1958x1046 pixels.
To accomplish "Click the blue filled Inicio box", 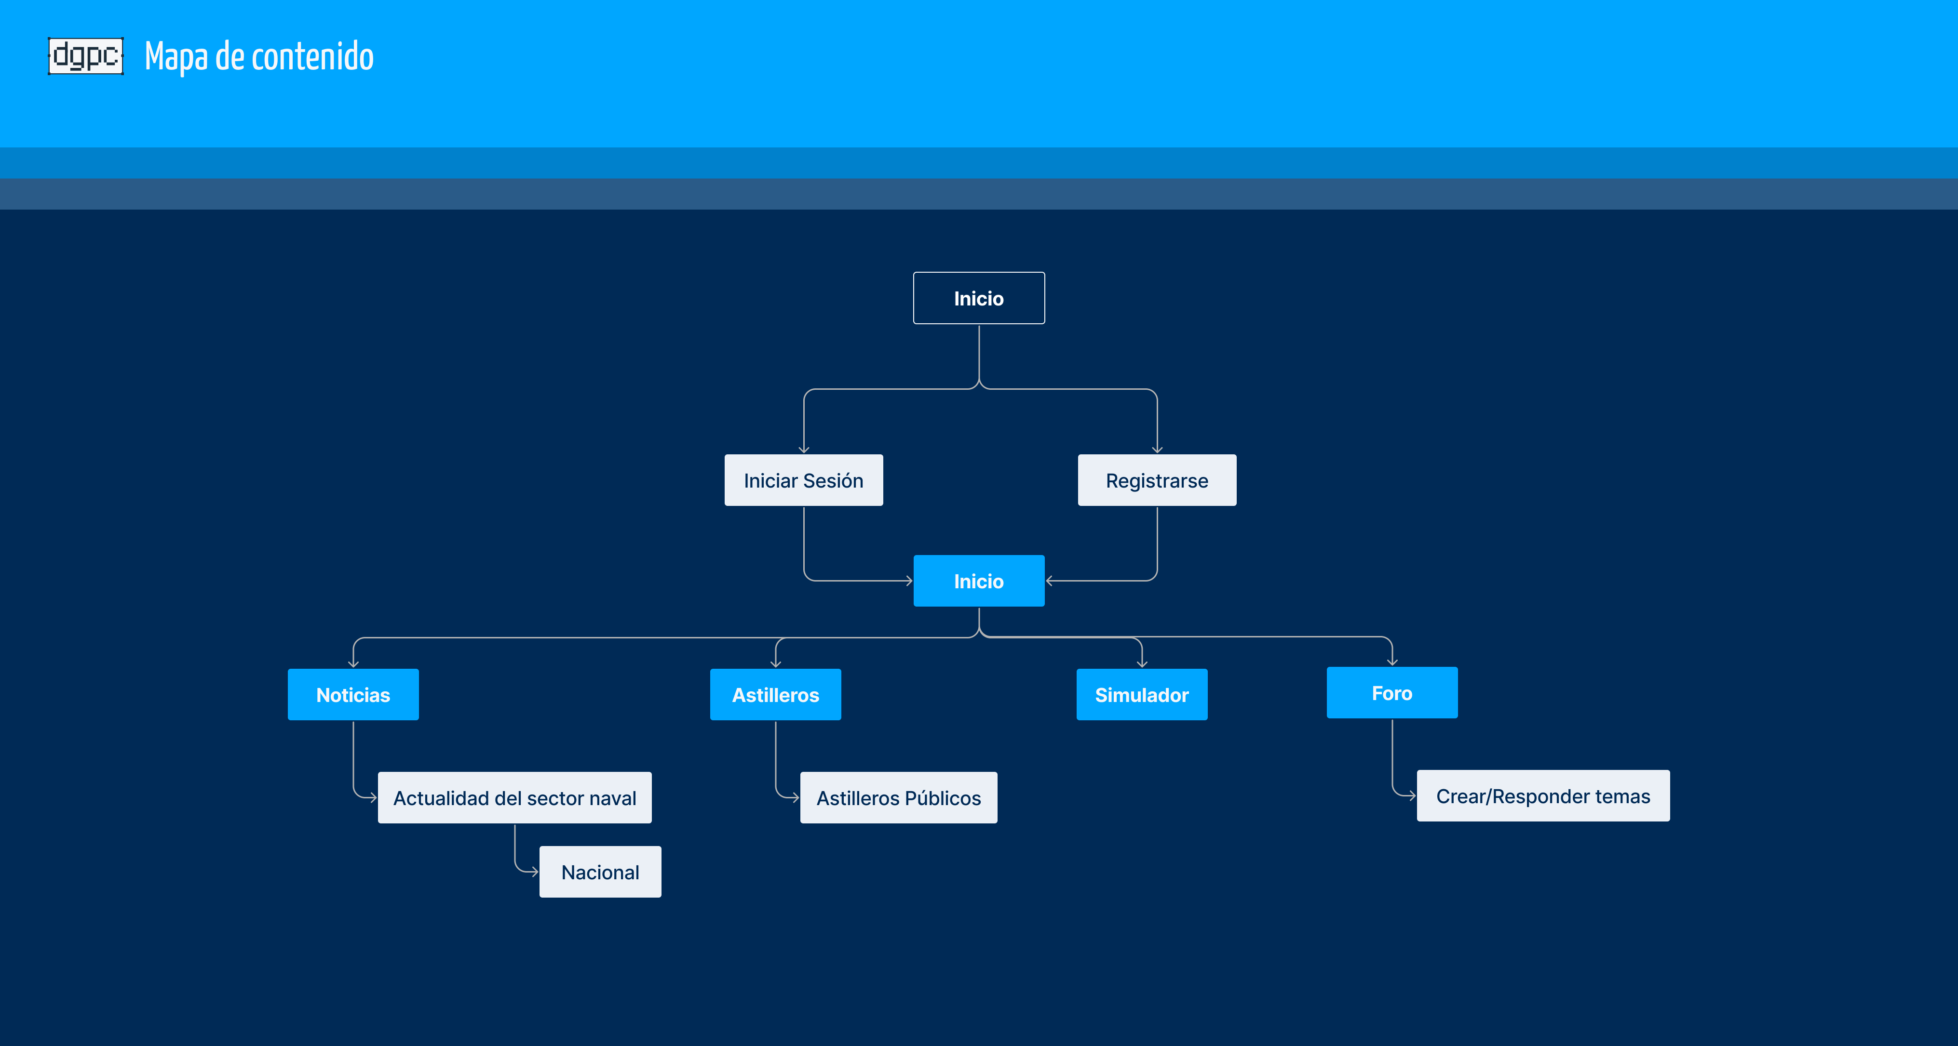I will click(978, 581).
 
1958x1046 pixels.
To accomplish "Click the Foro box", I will click(1392, 693).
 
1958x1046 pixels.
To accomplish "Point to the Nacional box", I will click(600, 872).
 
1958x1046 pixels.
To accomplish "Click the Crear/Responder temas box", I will click(1543, 796).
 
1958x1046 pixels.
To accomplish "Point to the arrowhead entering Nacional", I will click(534, 872).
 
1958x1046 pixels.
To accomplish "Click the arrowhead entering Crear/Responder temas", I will click(1412, 796).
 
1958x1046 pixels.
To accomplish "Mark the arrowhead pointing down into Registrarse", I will click(1157, 450).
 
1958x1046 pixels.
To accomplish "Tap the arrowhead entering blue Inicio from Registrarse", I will click(1050, 581).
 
